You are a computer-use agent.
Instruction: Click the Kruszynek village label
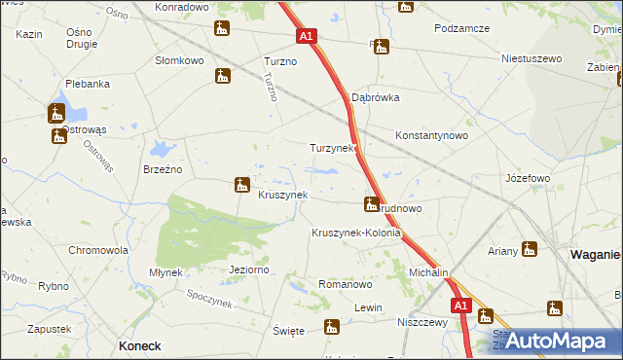[282, 195]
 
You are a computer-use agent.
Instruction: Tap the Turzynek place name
[333, 149]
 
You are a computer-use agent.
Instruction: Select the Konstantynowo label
[432, 136]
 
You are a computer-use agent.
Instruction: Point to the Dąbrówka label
[376, 98]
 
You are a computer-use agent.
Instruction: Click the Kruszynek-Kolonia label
[356, 234]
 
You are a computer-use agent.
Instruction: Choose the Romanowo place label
[346, 285]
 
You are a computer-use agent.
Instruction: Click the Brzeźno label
[163, 168]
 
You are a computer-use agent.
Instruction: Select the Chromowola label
[98, 250]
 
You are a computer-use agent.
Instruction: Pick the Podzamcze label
[462, 29]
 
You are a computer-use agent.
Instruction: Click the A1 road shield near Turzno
[306, 36]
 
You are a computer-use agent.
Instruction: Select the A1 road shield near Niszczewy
[461, 306]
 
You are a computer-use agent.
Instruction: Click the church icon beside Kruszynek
[242, 184]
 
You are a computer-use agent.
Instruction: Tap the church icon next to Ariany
[530, 249]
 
